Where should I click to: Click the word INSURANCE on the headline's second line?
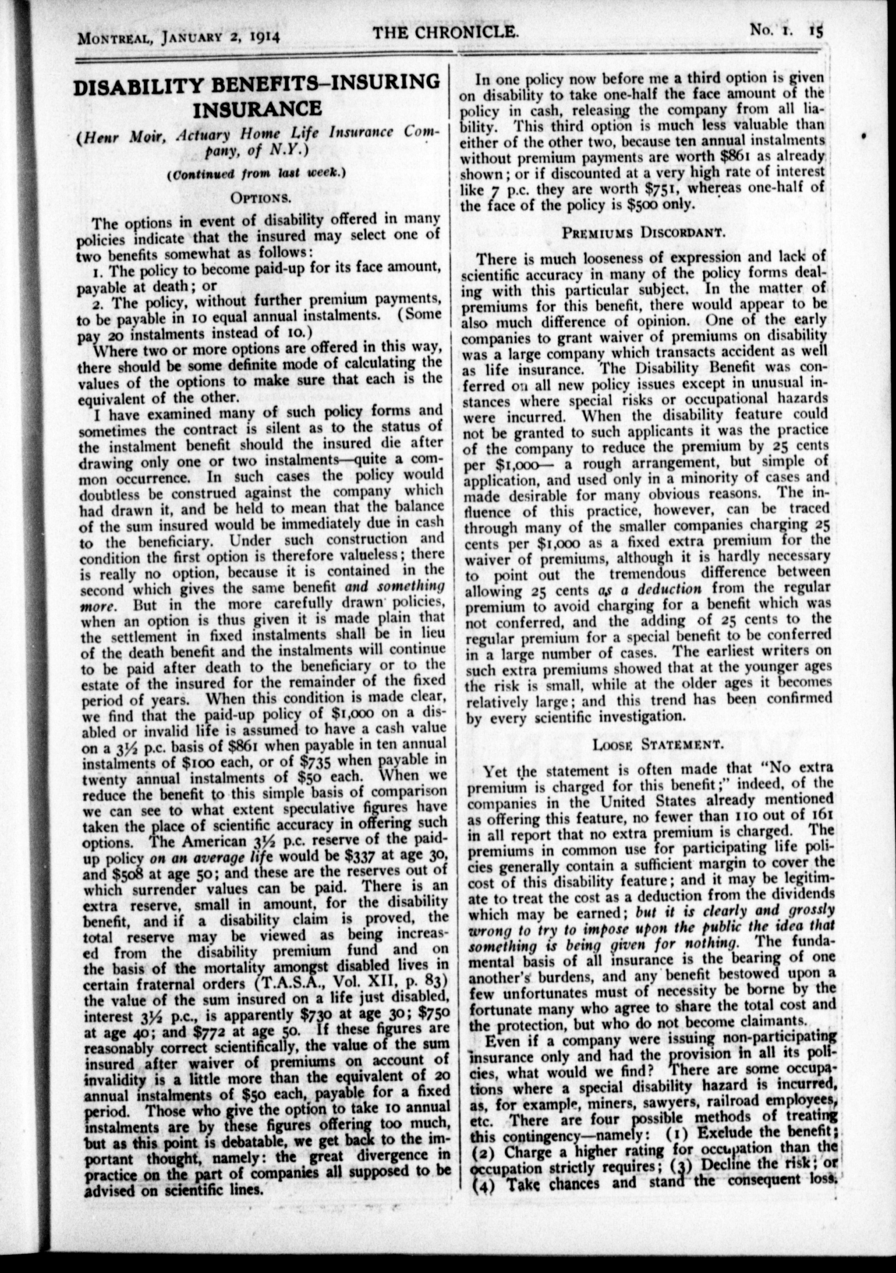[257, 109]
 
